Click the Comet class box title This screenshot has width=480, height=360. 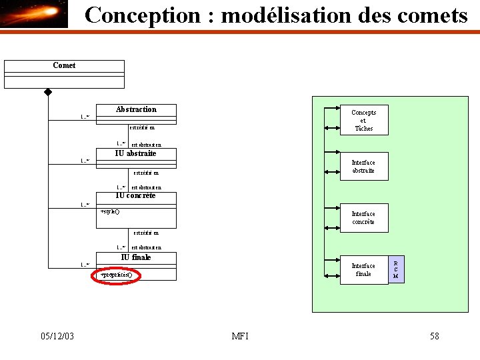coord(64,65)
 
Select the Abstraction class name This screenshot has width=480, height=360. coord(136,109)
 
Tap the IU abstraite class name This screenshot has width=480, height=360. coord(136,153)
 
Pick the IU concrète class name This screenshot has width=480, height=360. coord(136,196)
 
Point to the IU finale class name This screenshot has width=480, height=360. coord(136,257)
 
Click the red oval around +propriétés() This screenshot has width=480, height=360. coord(116,275)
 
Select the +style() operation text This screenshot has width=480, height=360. coord(110,211)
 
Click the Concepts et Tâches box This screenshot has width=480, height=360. coord(363,121)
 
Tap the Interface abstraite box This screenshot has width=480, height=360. coord(363,167)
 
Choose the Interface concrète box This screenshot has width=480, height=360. coord(363,218)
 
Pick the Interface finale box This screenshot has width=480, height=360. coord(363,270)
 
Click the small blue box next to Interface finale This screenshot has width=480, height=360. coord(396,269)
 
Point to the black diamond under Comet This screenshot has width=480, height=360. coord(48,92)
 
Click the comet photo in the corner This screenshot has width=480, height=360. coord(34,14)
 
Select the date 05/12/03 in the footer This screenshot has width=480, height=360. coord(57,336)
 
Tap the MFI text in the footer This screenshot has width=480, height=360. coord(240,336)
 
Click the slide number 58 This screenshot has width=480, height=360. coord(435,336)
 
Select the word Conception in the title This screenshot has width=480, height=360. coord(143,15)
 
